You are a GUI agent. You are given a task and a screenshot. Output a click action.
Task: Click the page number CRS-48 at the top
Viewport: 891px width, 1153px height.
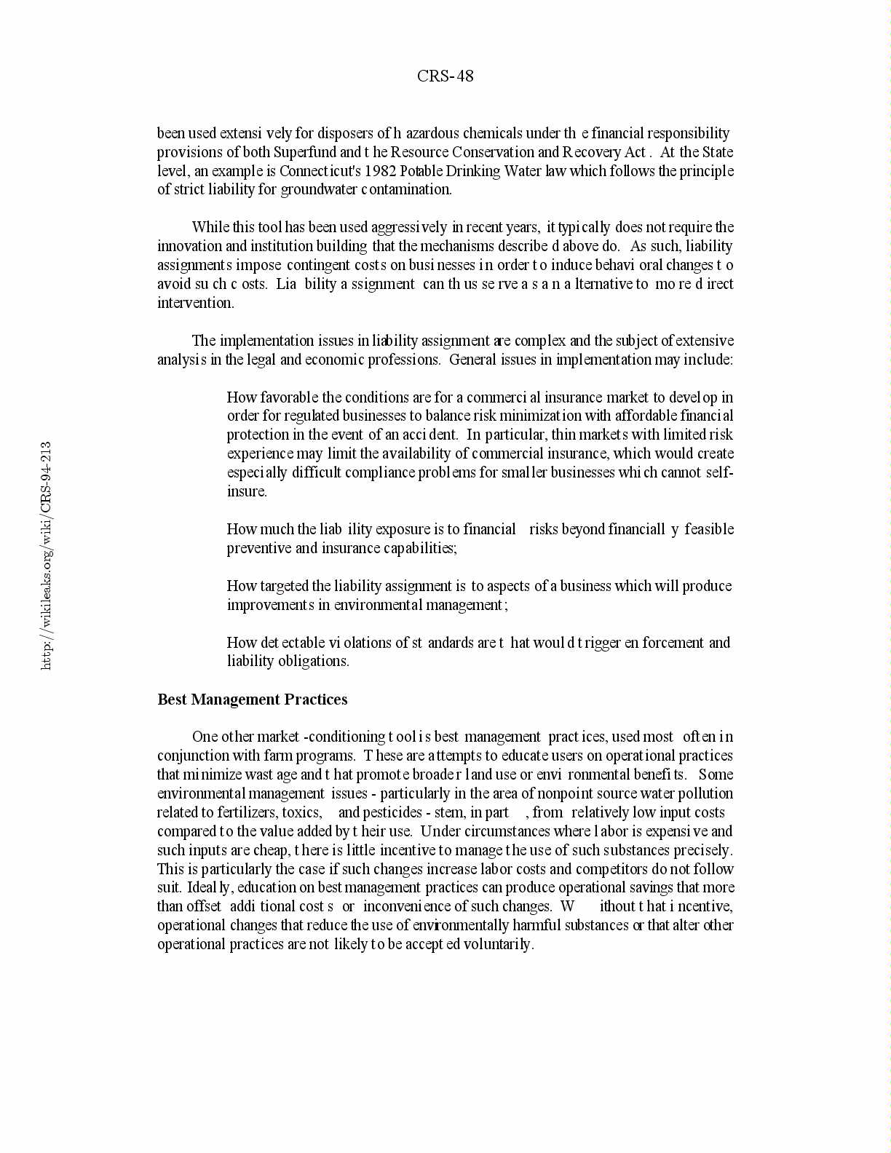click(x=445, y=76)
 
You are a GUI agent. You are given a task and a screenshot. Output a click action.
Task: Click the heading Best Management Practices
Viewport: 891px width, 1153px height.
click(x=252, y=700)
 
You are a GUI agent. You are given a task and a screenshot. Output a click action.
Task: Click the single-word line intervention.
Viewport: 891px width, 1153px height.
click(x=196, y=303)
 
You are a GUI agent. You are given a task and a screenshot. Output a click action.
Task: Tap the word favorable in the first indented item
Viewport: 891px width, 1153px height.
click(x=290, y=397)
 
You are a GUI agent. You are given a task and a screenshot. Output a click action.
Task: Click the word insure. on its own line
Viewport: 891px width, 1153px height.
click(x=247, y=491)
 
